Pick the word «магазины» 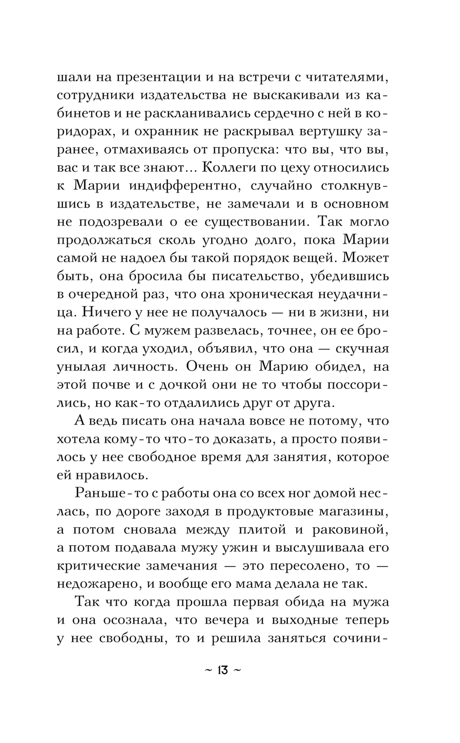click(355, 511)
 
